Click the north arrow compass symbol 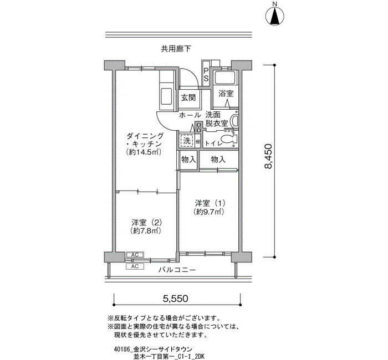[275, 16]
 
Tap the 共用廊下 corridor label [176, 49]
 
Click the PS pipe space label [206, 74]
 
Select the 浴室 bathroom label [226, 94]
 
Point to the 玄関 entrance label [188, 97]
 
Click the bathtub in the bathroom [224, 78]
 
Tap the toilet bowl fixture [228, 141]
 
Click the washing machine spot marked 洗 [187, 141]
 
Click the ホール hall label [190, 115]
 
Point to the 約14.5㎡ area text [144, 152]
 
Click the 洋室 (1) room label [210, 203]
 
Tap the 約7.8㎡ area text [146, 231]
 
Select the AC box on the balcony [135, 266]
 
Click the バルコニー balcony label [177, 270]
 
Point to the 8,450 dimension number [268, 156]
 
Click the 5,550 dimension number [176, 299]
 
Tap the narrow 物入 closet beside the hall [188, 160]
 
